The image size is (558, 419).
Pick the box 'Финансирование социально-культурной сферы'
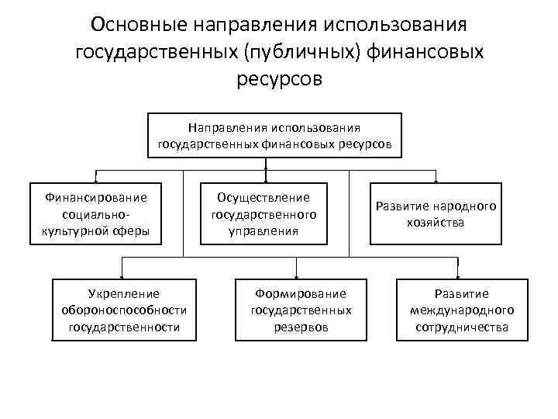97,213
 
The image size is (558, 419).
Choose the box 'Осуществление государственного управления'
264,213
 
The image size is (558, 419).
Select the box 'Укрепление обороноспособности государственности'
124,310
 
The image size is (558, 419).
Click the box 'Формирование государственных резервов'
301,310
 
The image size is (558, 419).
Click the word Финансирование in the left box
97,197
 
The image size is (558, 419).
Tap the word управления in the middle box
264,230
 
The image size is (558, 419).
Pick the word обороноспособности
124,310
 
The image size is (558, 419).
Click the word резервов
301,327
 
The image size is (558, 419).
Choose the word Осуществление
264,197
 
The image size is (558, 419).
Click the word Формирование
301,293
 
